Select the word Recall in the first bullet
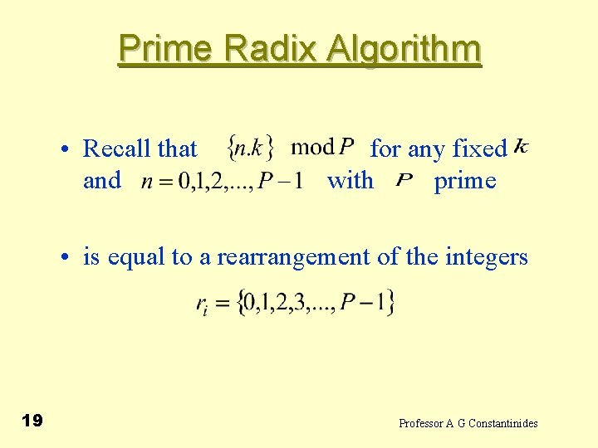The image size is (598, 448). coord(117,149)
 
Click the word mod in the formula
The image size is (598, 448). coord(311,149)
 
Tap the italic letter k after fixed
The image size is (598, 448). coord(521,147)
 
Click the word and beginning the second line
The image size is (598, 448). coord(102,180)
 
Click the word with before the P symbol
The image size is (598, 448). coord(350,180)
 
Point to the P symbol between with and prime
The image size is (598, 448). coord(404,180)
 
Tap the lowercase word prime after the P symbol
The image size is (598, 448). coord(465,180)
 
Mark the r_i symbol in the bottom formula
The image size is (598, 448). coord(202,304)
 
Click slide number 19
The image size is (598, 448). coord(32,421)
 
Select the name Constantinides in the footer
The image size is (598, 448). coord(503,424)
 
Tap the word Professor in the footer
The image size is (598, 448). coord(421,424)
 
